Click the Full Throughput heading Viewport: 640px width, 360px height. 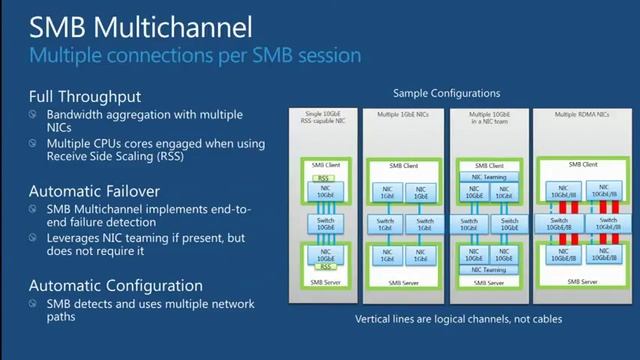pos(81,97)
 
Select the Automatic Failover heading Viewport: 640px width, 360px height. pos(89,190)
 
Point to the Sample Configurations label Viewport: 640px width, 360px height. pos(446,93)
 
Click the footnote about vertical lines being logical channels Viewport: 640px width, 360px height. pos(459,320)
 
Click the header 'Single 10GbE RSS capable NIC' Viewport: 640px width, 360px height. pos(327,122)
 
